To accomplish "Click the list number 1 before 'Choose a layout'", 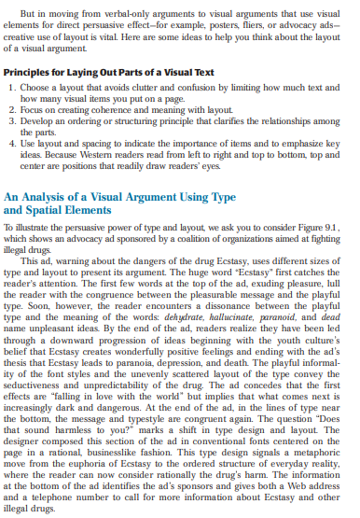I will click(12, 86).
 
